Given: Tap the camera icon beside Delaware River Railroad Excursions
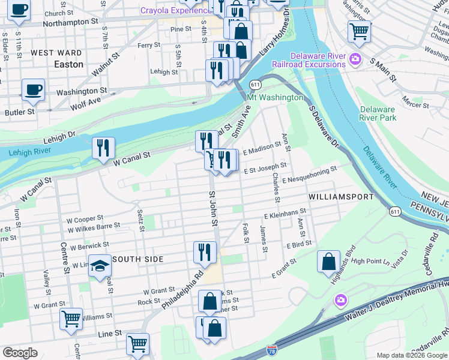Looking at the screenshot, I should pos(355,58).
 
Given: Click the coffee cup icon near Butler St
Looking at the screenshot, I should pos(33,90).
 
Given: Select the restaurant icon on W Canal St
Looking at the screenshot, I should pos(103,148).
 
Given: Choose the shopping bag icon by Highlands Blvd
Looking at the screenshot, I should pos(328,262).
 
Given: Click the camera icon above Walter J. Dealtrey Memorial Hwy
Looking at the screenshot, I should pos(340,299).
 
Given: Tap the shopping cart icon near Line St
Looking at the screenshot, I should pos(137,344).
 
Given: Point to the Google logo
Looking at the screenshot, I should pos(20,353).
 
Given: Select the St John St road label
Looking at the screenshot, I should pos(212,209).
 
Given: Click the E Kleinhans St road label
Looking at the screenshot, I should pos(285,212).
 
